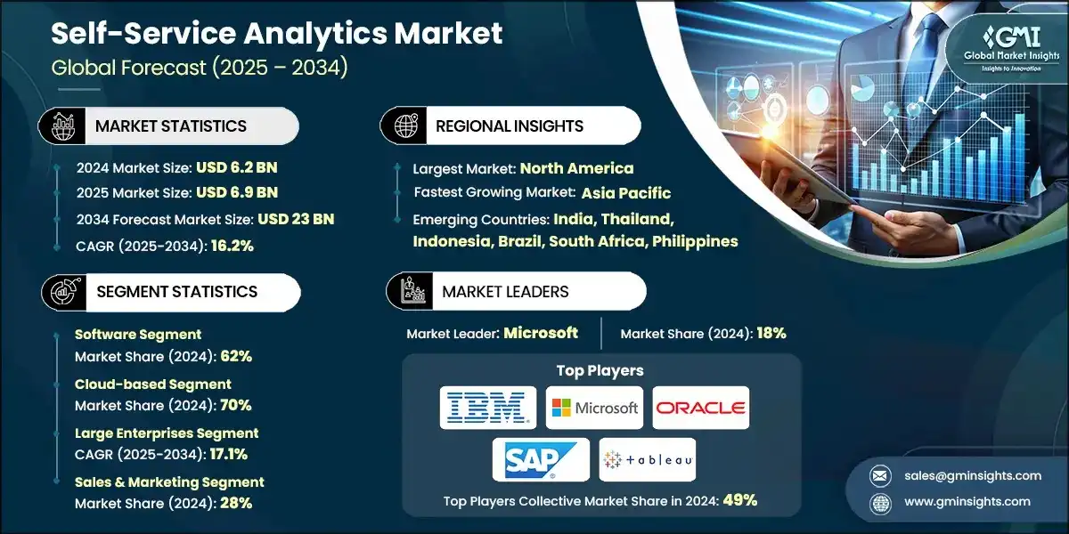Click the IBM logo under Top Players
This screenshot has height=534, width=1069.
coord(488,409)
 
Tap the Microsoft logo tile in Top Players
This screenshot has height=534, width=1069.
coord(594,409)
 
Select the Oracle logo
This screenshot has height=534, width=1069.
coord(700,409)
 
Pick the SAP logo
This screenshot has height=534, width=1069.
coord(541,459)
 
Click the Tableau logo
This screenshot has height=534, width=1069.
coord(648,459)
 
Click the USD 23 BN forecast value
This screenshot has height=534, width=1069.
coord(295,219)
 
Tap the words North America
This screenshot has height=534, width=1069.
coord(576,167)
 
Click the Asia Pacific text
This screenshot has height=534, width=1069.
coord(626,193)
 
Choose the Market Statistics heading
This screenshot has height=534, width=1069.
coord(171,125)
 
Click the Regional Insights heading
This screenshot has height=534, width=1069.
coord(510,125)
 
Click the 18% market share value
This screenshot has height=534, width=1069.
coord(771,333)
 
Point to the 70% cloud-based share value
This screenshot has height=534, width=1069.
coord(235,405)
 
